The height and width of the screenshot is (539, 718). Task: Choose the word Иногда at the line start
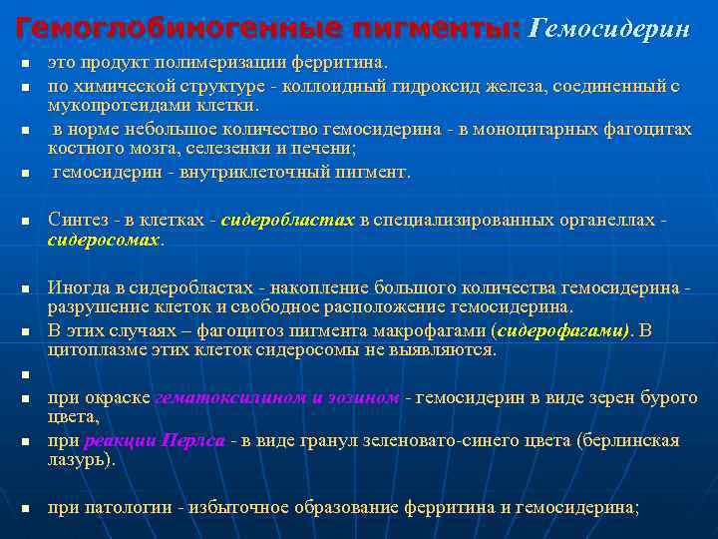(77, 287)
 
